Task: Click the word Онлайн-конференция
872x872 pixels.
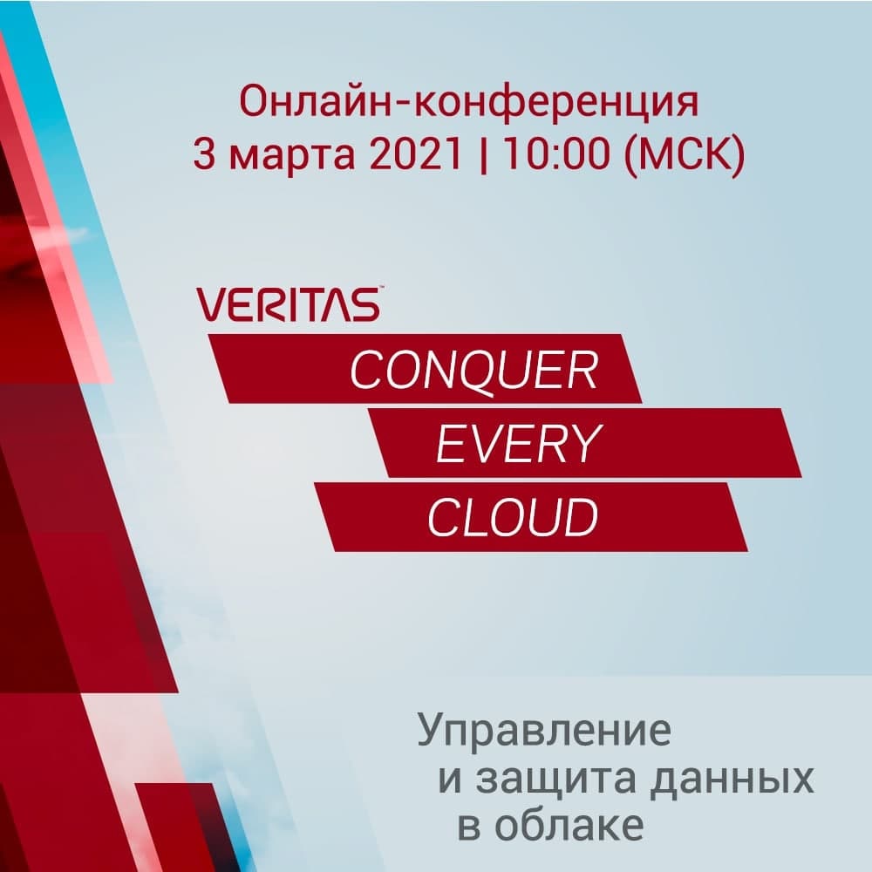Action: click(x=469, y=102)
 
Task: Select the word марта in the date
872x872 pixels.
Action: click(x=292, y=157)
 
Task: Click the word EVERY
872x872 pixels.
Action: click(x=518, y=443)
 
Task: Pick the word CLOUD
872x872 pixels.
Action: click(x=513, y=517)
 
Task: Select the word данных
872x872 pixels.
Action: click(x=732, y=780)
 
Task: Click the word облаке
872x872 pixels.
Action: click(x=569, y=826)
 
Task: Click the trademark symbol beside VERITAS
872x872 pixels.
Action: click(x=381, y=288)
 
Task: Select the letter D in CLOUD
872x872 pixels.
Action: click(x=582, y=517)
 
